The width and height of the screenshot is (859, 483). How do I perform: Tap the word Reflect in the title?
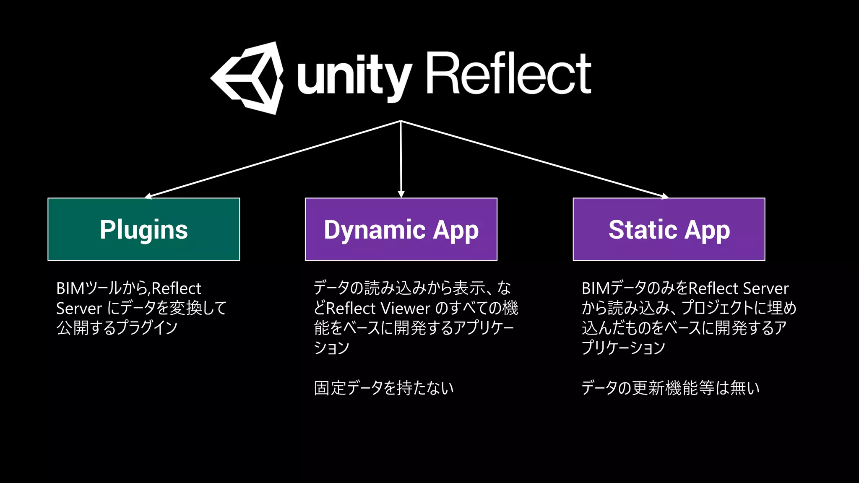click(x=509, y=74)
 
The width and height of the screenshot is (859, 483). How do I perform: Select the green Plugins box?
click(x=144, y=229)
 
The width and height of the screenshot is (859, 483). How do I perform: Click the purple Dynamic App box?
click(x=401, y=229)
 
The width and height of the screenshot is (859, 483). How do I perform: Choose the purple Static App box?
click(x=669, y=229)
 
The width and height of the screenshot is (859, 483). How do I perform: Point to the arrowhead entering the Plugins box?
click(x=148, y=196)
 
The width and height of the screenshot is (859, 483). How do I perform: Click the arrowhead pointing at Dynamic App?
click(x=401, y=194)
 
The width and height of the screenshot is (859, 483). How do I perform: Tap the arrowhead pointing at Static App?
click(x=665, y=196)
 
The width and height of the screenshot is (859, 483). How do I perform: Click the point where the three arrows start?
click(x=401, y=121)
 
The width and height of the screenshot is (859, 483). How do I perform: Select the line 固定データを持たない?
click(x=384, y=388)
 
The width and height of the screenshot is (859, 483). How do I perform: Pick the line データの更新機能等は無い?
click(x=670, y=388)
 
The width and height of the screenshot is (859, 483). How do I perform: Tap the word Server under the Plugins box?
click(x=79, y=309)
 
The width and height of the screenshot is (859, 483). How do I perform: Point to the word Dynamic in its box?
click(x=375, y=230)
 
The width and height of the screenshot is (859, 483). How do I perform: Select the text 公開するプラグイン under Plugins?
click(x=117, y=328)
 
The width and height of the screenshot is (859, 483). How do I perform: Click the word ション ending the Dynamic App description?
click(x=331, y=348)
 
